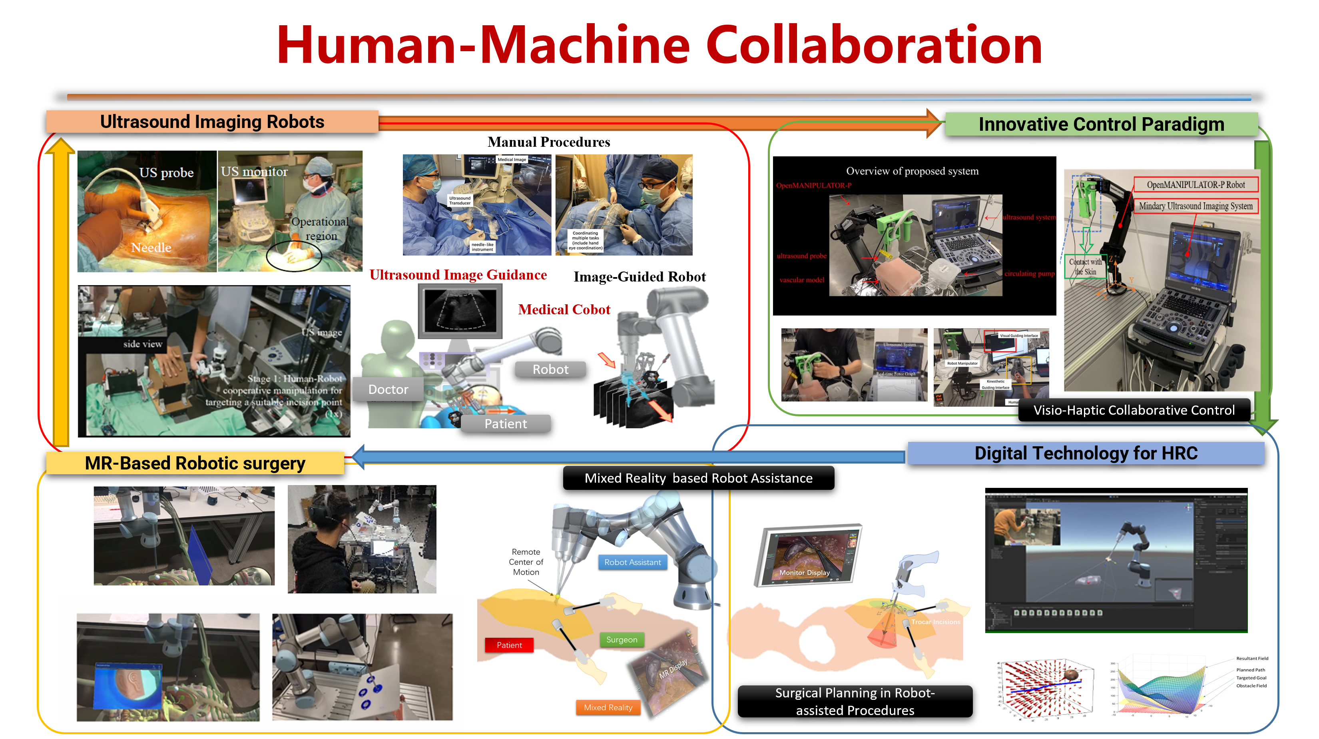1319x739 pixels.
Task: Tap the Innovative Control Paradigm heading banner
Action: (1101, 124)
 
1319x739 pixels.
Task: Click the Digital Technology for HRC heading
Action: (1086, 453)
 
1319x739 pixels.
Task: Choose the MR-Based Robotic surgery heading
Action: (195, 463)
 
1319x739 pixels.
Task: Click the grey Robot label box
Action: (550, 369)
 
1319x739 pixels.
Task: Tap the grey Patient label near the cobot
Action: (505, 423)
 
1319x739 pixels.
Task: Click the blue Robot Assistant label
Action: (632, 562)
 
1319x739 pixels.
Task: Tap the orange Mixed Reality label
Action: (608, 707)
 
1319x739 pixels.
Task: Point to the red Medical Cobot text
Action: (564, 310)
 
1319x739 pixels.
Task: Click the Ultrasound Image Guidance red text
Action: (458, 275)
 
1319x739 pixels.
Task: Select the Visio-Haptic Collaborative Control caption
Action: (1134, 410)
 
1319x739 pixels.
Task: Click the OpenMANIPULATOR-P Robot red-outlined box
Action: (1195, 185)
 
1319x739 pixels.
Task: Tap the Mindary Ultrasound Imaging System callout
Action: (1195, 206)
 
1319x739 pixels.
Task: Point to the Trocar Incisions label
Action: (935, 622)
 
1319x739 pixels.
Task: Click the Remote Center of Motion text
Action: (526, 562)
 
